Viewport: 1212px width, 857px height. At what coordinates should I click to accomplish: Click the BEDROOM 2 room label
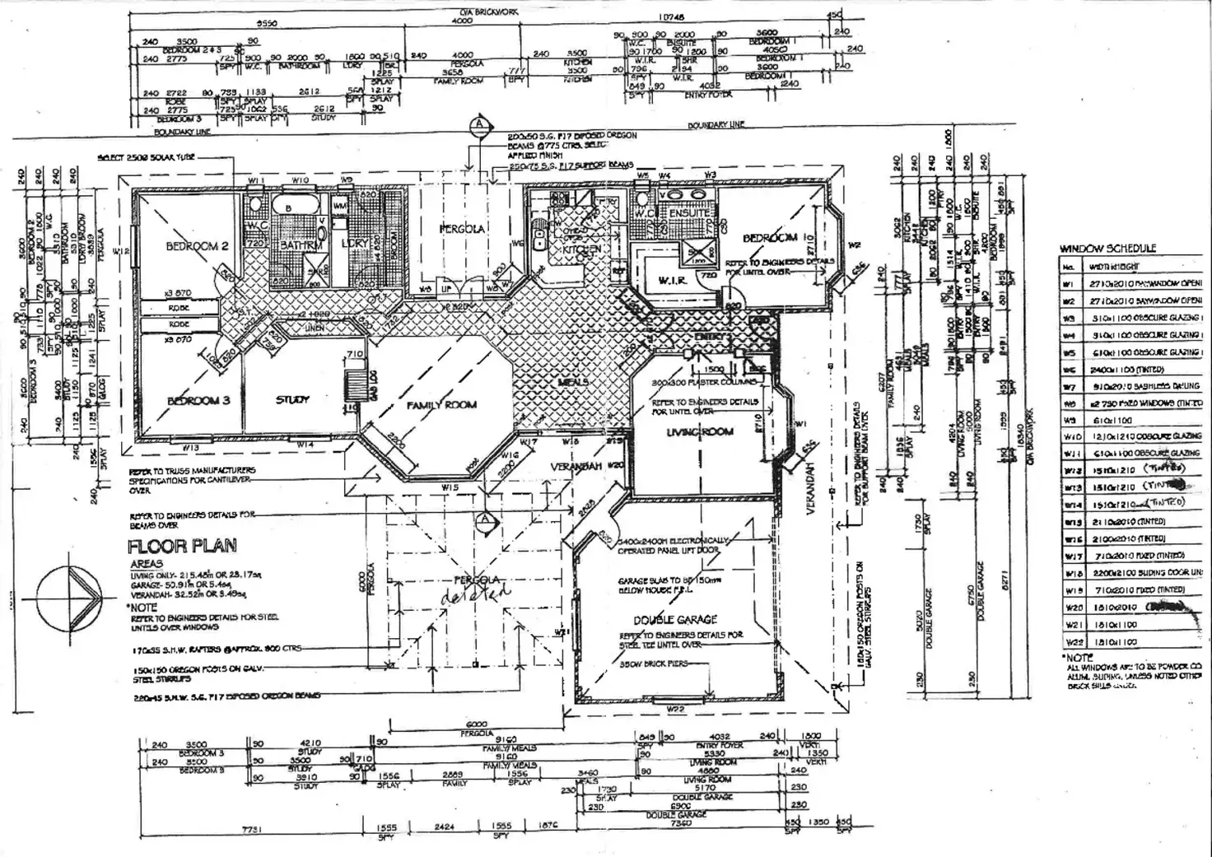coord(197,246)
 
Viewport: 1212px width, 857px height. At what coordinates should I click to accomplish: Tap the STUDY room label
coord(292,399)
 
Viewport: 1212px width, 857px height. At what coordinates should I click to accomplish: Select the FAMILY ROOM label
coord(441,405)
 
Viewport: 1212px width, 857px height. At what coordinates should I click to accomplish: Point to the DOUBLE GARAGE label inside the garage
coord(675,619)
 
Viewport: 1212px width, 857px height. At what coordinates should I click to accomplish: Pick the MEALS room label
coord(572,383)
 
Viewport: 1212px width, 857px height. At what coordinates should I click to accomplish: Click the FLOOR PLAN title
coord(182,546)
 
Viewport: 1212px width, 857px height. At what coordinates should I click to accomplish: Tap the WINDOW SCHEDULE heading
coord(1107,248)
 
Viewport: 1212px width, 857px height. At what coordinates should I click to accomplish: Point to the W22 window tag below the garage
coord(675,709)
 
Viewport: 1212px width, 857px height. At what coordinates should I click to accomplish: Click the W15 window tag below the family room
coord(449,487)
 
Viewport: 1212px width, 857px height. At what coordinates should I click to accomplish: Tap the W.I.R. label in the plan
coord(672,282)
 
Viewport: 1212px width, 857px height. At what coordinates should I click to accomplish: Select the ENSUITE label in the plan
coord(689,213)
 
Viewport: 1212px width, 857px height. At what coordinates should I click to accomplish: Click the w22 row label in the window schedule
coord(1071,641)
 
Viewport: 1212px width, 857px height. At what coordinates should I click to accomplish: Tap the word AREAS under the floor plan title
coord(147,565)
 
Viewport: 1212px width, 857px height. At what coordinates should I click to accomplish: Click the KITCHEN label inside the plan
coord(580,249)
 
